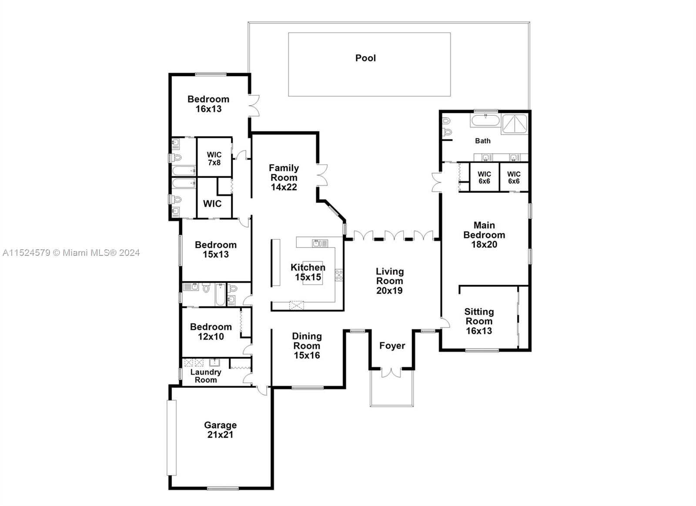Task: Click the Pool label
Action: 365,58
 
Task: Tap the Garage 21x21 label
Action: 220,430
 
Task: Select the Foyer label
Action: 392,345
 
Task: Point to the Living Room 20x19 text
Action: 390,281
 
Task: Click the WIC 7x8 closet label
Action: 214,158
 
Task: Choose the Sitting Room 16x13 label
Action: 478,321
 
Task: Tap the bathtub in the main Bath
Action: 485,121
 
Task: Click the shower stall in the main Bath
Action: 515,124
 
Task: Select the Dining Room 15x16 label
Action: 307,345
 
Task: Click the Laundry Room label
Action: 206,376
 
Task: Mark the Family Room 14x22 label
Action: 284,177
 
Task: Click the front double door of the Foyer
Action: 391,372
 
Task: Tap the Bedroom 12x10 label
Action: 211,332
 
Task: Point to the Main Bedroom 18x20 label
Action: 484,235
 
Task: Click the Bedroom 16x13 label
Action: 208,104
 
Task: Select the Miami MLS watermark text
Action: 71,252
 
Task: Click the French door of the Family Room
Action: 322,175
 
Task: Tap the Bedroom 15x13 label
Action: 215,249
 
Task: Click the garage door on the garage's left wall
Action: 171,437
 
